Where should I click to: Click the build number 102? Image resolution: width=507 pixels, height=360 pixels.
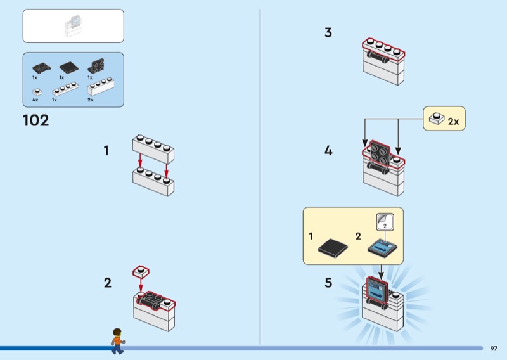pyautogui.click(x=35, y=120)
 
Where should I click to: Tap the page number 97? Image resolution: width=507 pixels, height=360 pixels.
pyautogui.click(x=494, y=348)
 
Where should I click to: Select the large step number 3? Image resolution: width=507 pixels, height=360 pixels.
pyautogui.click(x=328, y=32)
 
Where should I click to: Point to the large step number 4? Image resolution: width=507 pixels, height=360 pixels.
pyautogui.click(x=328, y=151)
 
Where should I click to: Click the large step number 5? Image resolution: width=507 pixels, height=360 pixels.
pyautogui.click(x=328, y=283)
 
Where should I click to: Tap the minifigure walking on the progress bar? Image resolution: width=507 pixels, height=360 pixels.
pyautogui.click(x=117, y=340)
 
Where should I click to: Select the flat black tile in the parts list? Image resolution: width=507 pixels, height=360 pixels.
pyautogui.click(x=67, y=67)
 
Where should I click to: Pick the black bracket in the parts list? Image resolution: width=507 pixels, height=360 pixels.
pyautogui.click(x=96, y=65)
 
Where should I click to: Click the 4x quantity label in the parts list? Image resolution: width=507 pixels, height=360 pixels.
pyautogui.click(x=35, y=100)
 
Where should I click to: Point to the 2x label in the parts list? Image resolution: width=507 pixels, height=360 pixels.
pyautogui.click(x=91, y=100)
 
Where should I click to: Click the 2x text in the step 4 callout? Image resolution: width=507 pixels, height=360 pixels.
pyautogui.click(x=452, y=121)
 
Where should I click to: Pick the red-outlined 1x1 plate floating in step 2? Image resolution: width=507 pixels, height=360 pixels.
pyautogui.click(x=141, y=272)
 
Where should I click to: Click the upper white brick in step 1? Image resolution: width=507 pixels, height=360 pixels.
pyautogui.click(x=153, y=146)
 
